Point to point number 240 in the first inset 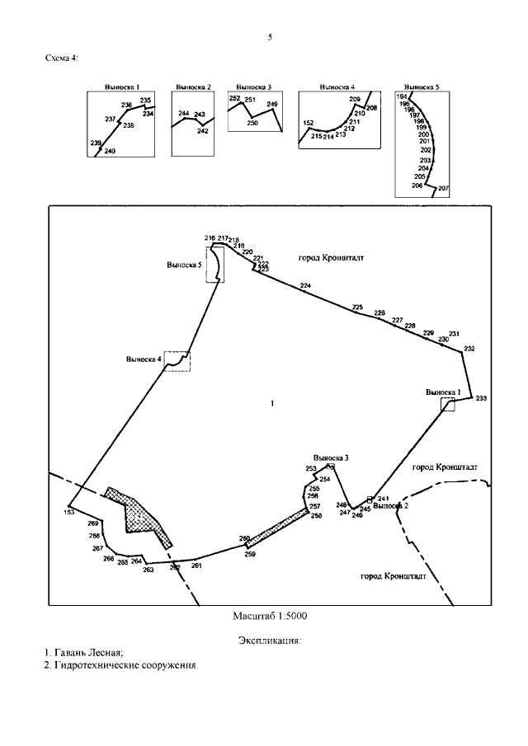tap(111, 151)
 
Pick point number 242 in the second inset tap(203, 131)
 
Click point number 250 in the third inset tap(252, 123)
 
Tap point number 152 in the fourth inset tap(309, 123)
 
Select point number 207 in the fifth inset tap(444, 189)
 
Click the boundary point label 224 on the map tap(306, 285)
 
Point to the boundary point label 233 tap(481, 398)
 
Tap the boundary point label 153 tap(69, 512)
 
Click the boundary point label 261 tap(196, 565)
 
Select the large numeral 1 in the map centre tap(271, 403)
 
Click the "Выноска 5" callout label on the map tap(184, 265)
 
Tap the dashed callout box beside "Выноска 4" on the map tap(177, 360)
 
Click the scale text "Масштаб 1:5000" tap(271, 616)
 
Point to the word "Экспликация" tap(269, 640)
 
